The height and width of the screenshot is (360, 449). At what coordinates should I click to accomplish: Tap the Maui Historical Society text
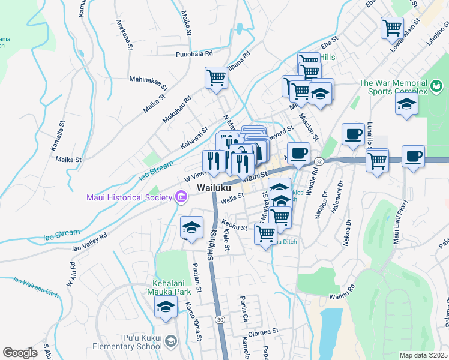(129, 197)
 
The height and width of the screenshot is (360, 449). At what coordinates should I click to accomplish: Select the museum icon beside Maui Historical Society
(180, 197)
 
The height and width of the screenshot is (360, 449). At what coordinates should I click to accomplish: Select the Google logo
(20, 352)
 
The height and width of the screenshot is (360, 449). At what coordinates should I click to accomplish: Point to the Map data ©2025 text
(423, 355)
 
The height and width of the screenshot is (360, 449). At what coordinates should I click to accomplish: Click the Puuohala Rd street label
(194, 53)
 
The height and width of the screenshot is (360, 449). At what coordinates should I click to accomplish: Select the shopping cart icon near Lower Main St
(392, 27)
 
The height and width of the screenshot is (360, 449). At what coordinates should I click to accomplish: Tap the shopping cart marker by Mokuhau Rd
(216, 77)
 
